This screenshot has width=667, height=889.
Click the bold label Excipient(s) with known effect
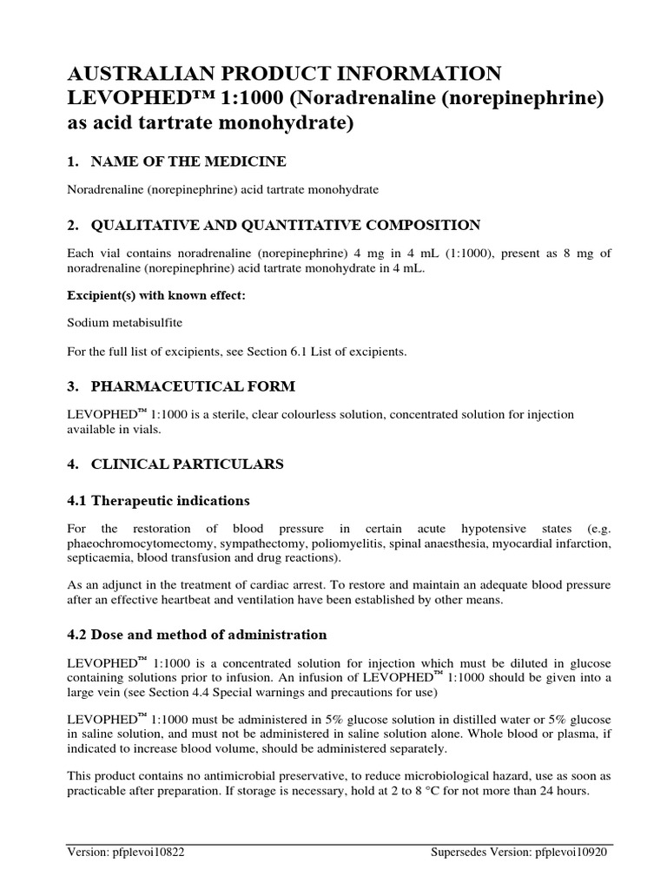pyautogui.click(x=156, y=295)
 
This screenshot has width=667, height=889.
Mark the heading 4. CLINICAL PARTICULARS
pyautogui.click(x=175, y=464)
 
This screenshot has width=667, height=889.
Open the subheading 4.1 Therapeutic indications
pyautogui.click(x=158, y=501)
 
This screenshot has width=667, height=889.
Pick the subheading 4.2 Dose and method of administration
pyautogui.click(x=197, y=635)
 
